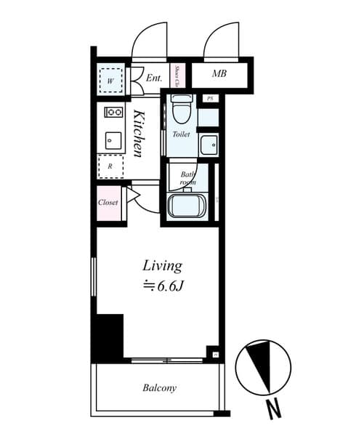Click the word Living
161,265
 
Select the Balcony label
159,388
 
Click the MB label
219,74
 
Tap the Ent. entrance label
153,78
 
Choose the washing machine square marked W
110,81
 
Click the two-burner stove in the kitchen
113,112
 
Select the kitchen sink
113,140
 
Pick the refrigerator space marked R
110,166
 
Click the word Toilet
181,134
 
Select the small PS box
210,98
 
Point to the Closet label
108,203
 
